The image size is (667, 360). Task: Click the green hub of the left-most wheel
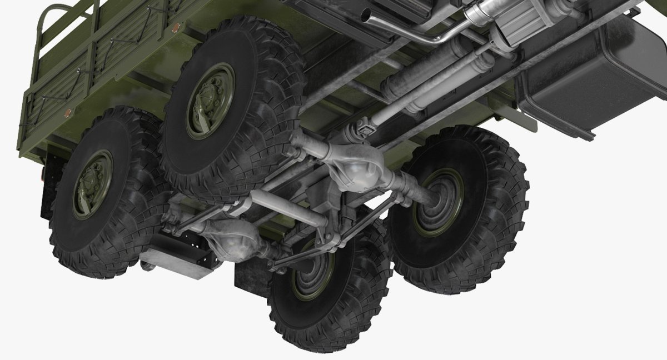pyautogui.click(x=92, y=184)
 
